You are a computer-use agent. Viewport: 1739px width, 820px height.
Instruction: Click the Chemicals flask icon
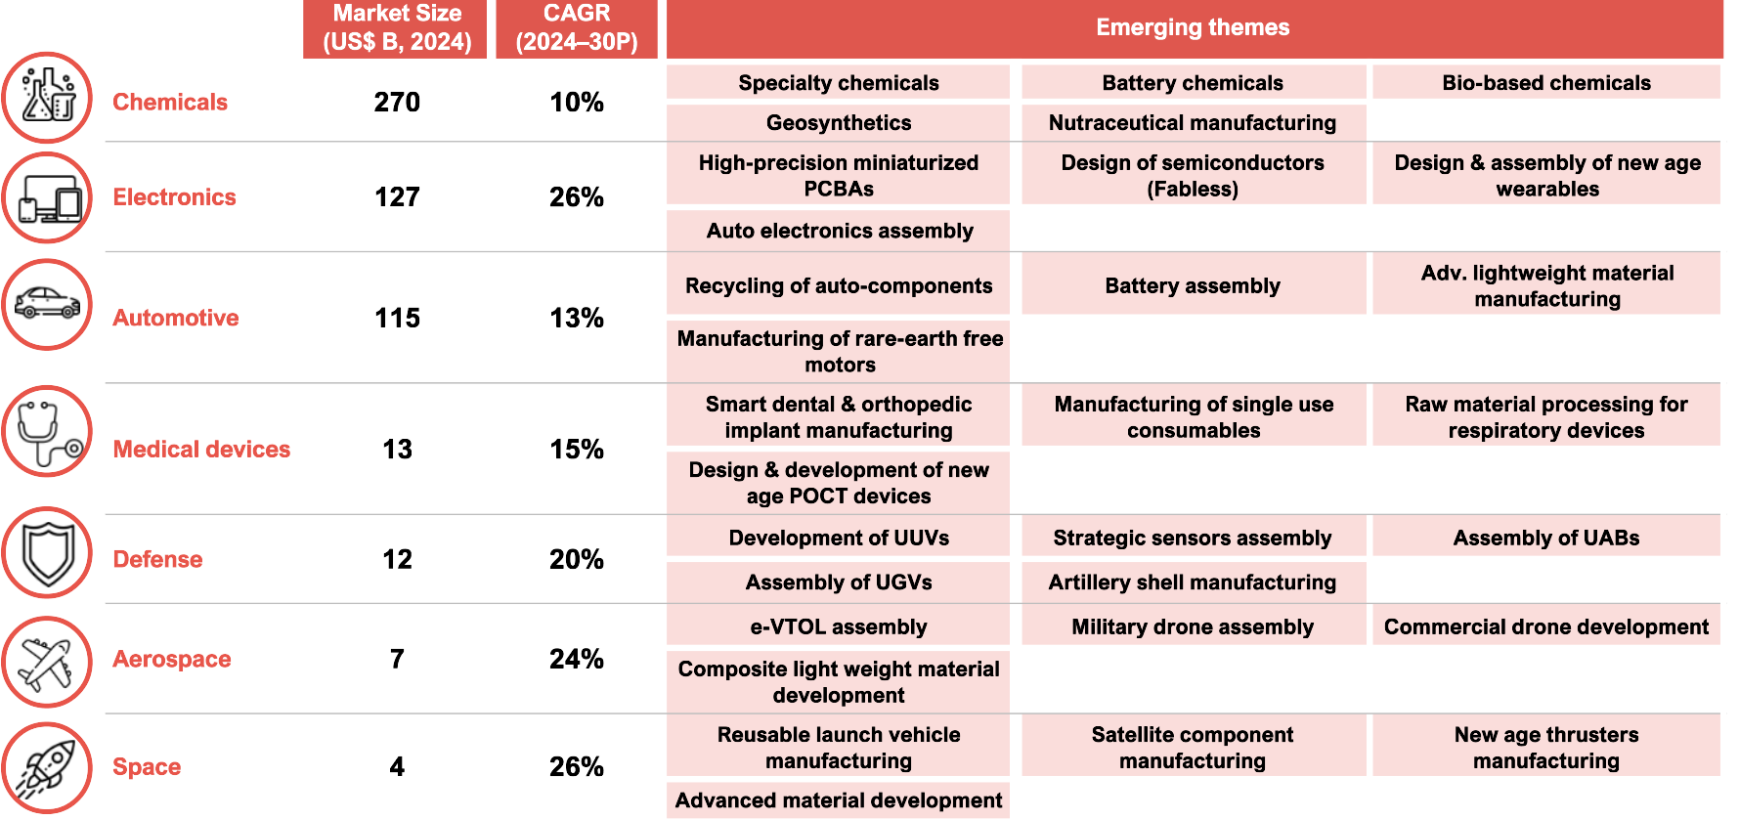[x=47, y=97]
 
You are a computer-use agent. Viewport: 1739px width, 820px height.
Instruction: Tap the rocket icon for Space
[x=47, y=767]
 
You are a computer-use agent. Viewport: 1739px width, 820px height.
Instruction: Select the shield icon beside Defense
[x=47, y=552]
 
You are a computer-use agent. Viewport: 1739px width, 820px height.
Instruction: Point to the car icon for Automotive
[x=47, y=304]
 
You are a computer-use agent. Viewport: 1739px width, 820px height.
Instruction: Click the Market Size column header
[x=396, y=27]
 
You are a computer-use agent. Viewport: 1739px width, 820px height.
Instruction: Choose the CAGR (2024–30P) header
[x=577, y=27]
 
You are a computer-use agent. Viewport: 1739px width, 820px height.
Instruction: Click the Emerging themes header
[x=1193, y=27]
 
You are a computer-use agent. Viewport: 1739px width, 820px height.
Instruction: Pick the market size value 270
[x=397, y=102]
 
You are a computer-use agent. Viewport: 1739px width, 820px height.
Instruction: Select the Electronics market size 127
[x=397, y=197]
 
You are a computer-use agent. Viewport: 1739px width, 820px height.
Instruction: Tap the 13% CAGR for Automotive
[x=577, y=318]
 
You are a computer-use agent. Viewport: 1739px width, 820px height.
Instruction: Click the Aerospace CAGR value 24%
[x=577, y=659]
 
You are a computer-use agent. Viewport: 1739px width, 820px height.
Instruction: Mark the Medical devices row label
[x=201, y=449]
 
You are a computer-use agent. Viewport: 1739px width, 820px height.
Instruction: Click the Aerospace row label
[x=172, y=659]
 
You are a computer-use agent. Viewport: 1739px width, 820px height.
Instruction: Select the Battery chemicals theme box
[x=1193, y=83]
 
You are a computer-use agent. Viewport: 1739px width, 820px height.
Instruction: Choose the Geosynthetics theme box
[x=839, y=123]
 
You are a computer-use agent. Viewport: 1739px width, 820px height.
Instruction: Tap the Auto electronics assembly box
[x=839, y=231]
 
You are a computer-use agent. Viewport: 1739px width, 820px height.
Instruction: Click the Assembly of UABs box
[x=1545, y=538]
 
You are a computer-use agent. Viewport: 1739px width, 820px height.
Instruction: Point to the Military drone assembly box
[x=1193, y=626]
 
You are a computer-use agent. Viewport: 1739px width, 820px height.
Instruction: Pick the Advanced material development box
[x=839, y=800]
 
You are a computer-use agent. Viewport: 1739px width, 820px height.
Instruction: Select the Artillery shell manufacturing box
[x=1193, y=583]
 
